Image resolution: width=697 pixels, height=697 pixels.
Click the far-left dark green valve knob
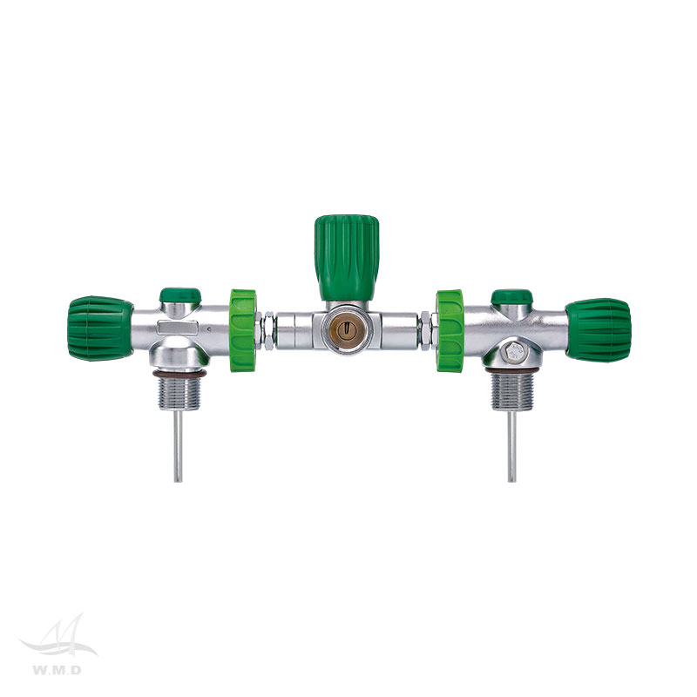[x=100, y=328]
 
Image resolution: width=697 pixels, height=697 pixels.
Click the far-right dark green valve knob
[x=599, y=329]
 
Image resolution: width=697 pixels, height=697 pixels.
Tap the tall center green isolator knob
[x=347, y=257]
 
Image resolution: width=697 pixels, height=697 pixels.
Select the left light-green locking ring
[x=243, y=330]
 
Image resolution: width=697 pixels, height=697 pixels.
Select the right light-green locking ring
[x=450, y=330]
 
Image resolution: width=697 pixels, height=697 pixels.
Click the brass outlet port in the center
[x=346, y=329]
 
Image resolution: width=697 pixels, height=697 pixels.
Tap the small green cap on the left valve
[x=180, y=294]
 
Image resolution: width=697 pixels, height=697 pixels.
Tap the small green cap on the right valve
[x=511, y=296]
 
